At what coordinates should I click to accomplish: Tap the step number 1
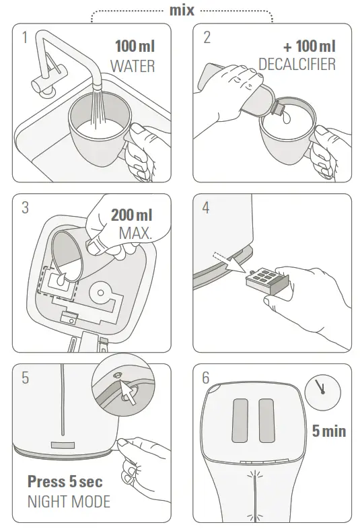[x=25, y=38]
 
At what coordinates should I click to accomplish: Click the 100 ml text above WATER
[x=134, y=47]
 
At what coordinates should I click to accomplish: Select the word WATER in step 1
[x=133, y=66]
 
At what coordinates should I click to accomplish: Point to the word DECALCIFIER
[x=297, y=65]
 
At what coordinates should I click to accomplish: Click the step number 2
[x=207, y=38]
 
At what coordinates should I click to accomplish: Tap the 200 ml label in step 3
[x=131, y=215]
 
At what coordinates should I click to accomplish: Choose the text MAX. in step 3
[x=135, y=233]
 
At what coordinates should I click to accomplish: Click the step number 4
[x=206, y=208]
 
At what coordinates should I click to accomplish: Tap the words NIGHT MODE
[x=69, y=501]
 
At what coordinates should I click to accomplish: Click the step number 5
[x=25, y=378]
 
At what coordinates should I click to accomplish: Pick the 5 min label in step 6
[x=328, y=431]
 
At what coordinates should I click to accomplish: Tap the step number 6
[x=206, y=378]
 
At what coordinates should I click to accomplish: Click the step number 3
[x=25, y=208]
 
